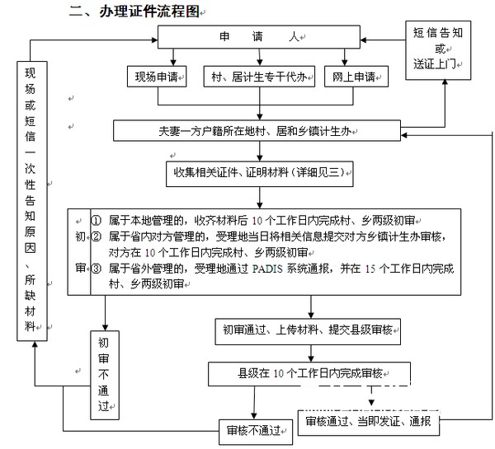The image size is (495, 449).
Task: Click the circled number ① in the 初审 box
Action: [97, 220]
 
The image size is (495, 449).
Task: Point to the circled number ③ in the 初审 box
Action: [97, 269]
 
